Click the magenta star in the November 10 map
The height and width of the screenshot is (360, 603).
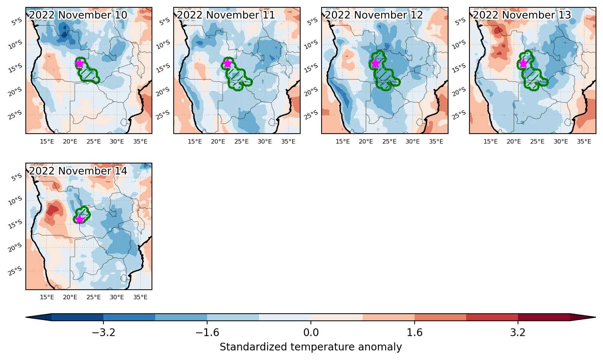coord(79,64)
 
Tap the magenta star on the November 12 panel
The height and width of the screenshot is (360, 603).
coord(375,64)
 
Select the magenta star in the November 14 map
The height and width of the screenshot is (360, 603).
coord(79,219)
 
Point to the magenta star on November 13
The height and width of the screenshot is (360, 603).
coord(523,64)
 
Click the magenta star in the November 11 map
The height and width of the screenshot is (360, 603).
coord(227,64)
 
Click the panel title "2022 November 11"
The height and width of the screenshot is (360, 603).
coord(226,15)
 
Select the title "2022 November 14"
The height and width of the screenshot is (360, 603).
coord(78,171)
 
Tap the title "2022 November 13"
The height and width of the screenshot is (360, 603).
coord(522,15)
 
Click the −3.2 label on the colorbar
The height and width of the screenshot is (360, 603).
coord(103,332)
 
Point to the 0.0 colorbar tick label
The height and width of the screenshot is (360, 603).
coord(311,332)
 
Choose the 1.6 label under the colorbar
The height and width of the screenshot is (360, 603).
coord(414,332)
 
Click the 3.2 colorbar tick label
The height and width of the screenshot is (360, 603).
coord(518,332)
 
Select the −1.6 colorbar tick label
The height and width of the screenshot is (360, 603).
coord(207,332)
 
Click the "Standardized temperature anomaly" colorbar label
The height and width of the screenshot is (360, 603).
coord(311,347)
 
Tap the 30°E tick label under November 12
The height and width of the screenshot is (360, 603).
coord(413,142)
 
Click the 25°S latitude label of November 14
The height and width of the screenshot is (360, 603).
coord(15,271)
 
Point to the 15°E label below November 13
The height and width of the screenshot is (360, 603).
coord(490,142)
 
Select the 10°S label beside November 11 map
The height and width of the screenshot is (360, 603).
coord(163,45)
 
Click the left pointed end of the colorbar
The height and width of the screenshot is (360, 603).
coord(26,317)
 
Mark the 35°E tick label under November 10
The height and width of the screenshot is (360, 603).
coord(140,142)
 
